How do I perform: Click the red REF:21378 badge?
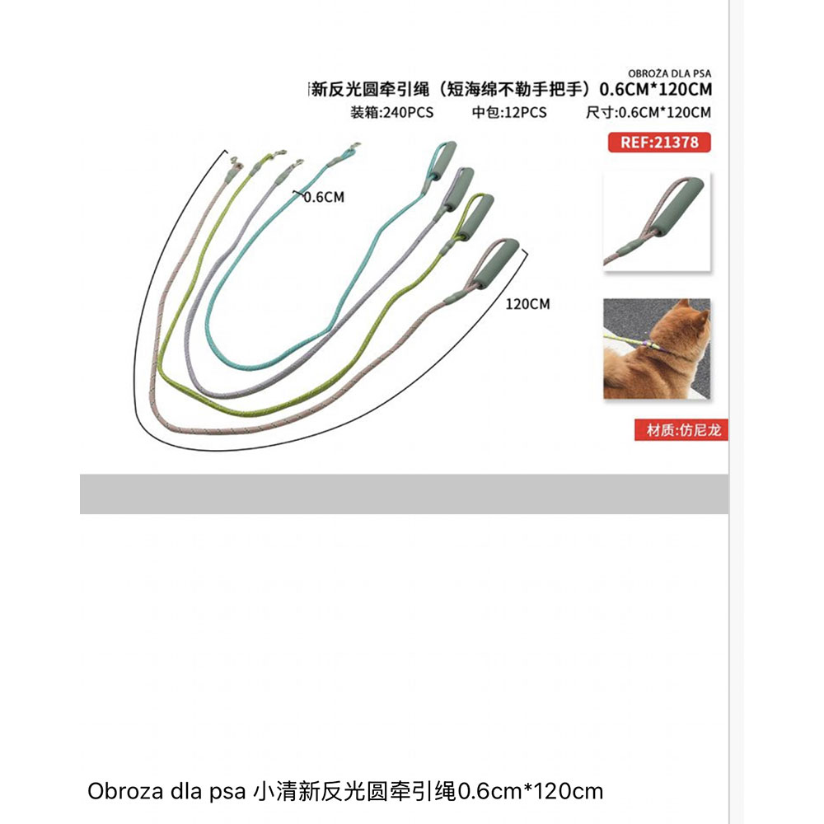659,143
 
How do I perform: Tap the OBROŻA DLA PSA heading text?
669,73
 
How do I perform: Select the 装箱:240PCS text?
392,112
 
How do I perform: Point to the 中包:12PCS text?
509,112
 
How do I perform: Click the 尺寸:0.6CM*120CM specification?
648,112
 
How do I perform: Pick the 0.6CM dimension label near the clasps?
324,197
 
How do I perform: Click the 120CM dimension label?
527,304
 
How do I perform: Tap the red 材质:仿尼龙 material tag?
681,430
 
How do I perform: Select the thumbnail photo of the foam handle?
657,222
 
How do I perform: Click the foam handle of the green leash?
480,216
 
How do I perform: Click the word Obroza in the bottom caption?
125,791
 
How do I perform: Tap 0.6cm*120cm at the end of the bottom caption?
531,791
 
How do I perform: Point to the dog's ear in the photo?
682,307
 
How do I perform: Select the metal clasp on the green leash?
279,153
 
